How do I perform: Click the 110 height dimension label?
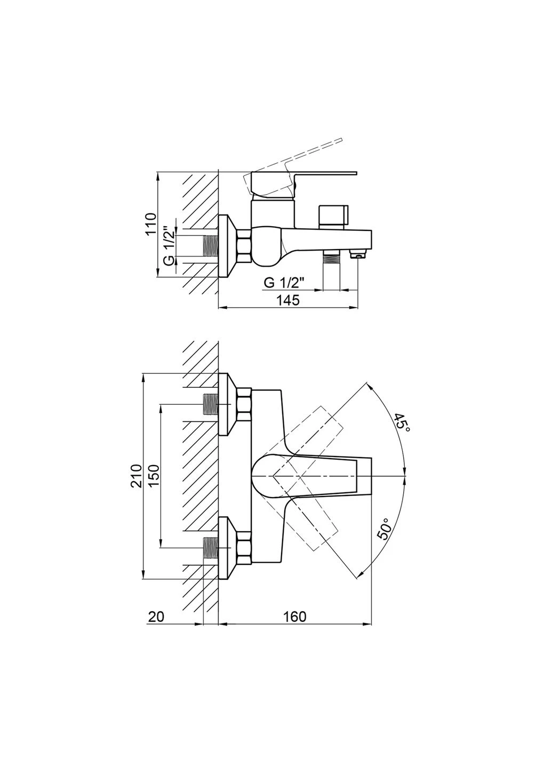150,223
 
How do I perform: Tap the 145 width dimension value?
288,300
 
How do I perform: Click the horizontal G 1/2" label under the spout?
284,283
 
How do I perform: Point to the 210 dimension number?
136,476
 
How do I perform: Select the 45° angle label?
402,423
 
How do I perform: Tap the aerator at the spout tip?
357,254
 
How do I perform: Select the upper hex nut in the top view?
244,405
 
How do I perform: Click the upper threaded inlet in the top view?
211,405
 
